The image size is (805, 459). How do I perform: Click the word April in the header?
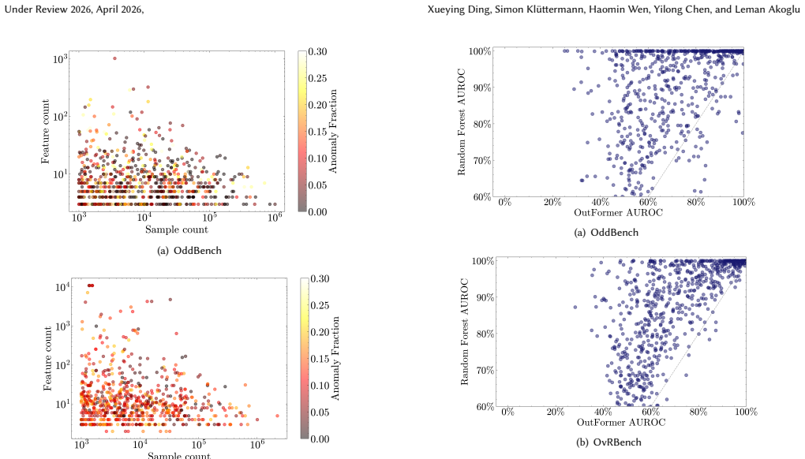tap(109, 9)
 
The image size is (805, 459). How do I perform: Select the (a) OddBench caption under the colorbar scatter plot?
tap(189, 250)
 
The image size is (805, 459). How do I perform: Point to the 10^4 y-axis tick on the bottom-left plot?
tap(62, 287)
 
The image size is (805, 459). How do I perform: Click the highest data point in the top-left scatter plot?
tap(114, 58)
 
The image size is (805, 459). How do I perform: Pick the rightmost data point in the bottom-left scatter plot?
tap(277, 416)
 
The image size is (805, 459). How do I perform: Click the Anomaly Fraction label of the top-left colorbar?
tap(333, 131)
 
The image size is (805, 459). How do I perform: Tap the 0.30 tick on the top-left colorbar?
tap(317, 51)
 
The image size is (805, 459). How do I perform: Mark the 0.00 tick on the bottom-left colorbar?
tap(320, 439)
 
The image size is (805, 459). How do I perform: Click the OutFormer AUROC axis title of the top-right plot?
tap(618, 212)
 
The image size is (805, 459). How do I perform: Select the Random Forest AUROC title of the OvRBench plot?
tap(465, 332)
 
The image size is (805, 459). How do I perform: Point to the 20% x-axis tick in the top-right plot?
tap(552, 202)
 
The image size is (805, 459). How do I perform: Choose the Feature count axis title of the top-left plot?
tap(46, 132)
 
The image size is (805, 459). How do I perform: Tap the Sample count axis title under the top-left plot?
tap(177, 229)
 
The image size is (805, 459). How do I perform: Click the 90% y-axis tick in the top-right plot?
tap(482, 88)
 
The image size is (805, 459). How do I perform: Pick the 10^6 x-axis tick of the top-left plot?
tap(275, 216)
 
